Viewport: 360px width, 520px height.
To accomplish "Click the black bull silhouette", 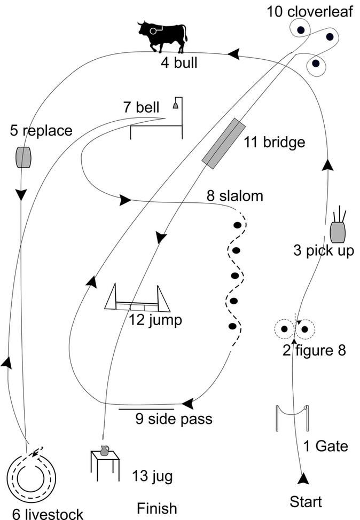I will click(163, 35).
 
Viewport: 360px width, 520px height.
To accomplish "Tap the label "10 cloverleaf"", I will click(310, 11).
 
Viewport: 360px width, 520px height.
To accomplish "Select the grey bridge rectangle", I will click(224, 144).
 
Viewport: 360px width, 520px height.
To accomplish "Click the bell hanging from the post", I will click(175, 106).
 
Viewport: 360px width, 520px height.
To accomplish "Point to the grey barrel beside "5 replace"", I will click(23, 157).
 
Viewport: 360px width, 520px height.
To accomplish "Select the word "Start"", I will click(306, 502).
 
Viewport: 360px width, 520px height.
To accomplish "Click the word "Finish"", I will click(156, 508).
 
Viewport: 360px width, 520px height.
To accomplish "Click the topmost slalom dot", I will click(237, 225).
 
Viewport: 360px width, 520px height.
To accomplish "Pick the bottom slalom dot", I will click(232, 326).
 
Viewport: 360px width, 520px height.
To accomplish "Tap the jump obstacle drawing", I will click(137, 299).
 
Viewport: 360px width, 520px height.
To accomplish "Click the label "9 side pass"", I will click(174, 419).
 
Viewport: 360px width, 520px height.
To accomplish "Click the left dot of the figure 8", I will click(284, 329).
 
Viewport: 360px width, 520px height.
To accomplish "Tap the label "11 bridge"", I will click(274, 143).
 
